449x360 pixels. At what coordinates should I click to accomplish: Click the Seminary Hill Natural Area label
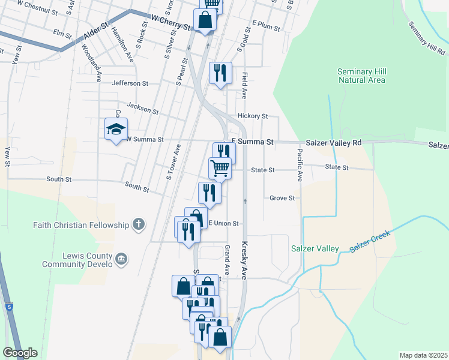pos(361,75)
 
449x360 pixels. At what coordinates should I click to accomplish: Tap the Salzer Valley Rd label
pos(334,143)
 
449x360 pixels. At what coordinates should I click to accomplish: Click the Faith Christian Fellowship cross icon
pos(139,225)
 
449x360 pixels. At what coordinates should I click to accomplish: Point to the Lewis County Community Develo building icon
pos(121,259)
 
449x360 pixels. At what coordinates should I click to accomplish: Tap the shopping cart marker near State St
pos(220,168)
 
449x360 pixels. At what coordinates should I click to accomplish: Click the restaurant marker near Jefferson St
pos(220,73)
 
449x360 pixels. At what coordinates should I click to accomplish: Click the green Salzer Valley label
pos(315,248)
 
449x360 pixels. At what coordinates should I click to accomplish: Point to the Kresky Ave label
pos(244,260)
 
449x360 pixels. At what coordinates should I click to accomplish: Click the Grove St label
pos(282,198)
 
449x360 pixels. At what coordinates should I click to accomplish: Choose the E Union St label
pos(223,223)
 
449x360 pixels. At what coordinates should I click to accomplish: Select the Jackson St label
pos(142,109)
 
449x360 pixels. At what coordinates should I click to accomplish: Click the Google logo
pos(20,352)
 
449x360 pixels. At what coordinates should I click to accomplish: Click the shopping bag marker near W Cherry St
pos(205,19)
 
